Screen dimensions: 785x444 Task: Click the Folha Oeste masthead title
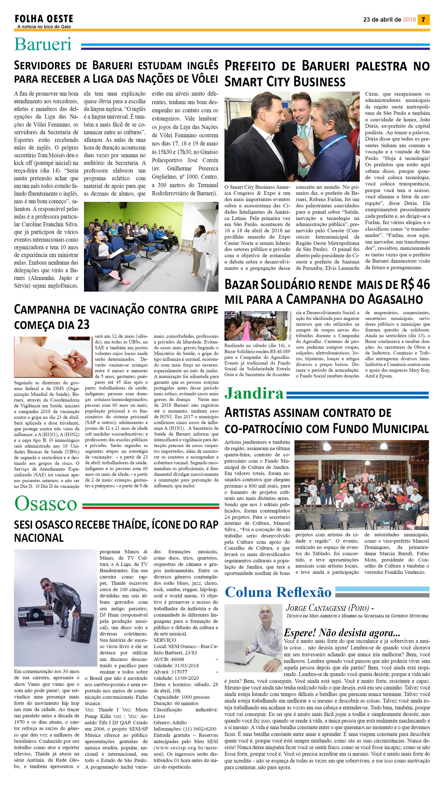pos(44,19)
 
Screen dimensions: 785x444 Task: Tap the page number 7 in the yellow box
pos(423,19)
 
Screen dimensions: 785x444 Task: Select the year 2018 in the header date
pos(409,19)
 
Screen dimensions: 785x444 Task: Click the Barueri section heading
pos(43,44)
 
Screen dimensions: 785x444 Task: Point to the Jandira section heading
pos(254,394)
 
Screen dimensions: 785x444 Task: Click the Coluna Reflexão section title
pos(278,592)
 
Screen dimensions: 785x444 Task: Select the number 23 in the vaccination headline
pos(83,324)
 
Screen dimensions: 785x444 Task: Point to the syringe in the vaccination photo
pos(70,355)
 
